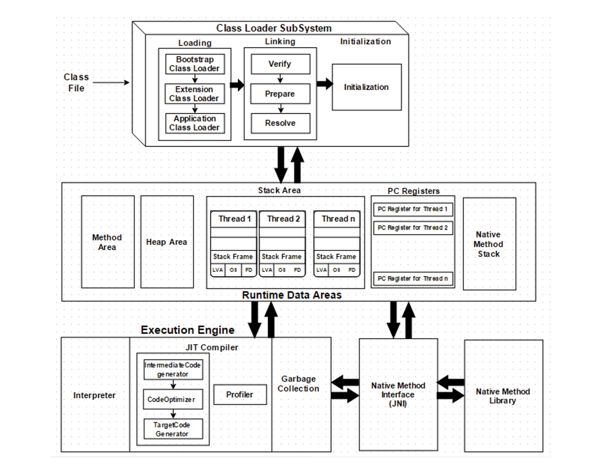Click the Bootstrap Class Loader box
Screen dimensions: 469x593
(x=195, y=64)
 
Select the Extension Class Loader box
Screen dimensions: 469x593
(x=195, y=94)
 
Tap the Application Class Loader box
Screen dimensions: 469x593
(x=195, y=123)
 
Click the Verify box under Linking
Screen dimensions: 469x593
(x=280, y=64)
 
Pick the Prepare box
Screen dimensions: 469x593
(x=280, y=94)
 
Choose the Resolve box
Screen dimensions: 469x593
(x=280, y=123)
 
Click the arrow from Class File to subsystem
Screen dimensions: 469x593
(x=111, y=82)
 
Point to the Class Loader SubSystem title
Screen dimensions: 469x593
(x=274, y=28)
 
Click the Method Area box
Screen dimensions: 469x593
(x=108, y=242)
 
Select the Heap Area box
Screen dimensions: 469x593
(x=167, y=242)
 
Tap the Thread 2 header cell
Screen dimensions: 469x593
(x=282, y=219)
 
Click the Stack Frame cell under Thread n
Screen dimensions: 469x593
(x=337, y=257)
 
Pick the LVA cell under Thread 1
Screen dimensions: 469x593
(x=218, y=270)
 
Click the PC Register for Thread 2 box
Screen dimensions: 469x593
(x=413, y=228)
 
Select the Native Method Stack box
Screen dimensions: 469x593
(x=489, y=244)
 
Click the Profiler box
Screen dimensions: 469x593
(x=240, y=395)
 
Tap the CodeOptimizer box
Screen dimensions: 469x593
(x=173, y=400)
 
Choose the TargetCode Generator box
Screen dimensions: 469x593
(x=173, y=429)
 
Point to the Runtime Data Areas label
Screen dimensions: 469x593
(x=292, y=295)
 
